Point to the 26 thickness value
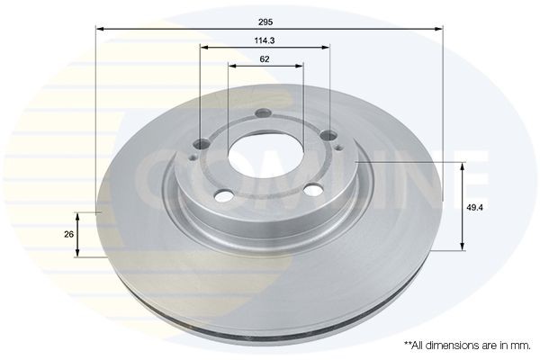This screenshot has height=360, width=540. [x=68, y=234]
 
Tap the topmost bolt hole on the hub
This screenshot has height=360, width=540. [x=262, y=113]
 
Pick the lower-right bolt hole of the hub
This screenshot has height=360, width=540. [x=312, y=190]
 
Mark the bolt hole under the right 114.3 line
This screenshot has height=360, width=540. [x=330, y=134]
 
